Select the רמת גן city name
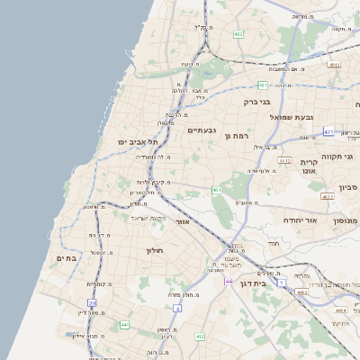click(x=236, y=136)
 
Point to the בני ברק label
click(x=257, y=103)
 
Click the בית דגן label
click(x=256, y=283)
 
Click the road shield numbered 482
click(x=238, y=34)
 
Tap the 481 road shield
click(x=263, y=85)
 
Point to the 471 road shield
click(x=328, y=132)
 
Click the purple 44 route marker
click(x=229, y=281)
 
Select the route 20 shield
click(x=92, y=303)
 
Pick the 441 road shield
click(x=124, y=324)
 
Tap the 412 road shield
click(x=200, y=337)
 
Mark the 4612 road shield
click(x=284, y=161)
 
